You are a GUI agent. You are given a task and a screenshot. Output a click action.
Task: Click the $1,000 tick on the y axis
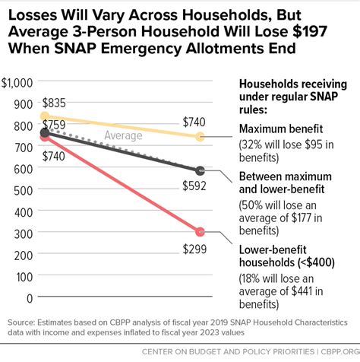tap(19, 81)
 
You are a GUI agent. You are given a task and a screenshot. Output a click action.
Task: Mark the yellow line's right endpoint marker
tap(201, 137)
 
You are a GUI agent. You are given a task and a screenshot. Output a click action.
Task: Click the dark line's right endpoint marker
tap(201, 170)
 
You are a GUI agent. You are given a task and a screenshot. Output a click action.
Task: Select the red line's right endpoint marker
tap(201, 231)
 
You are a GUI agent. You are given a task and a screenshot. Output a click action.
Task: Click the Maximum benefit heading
tap(281, 129)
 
